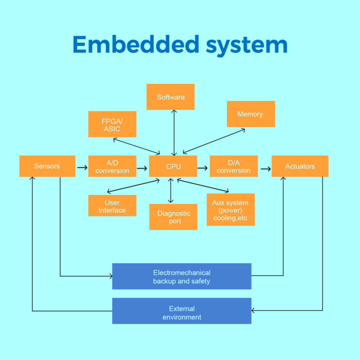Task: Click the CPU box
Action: [173, 166]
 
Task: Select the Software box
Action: [170, 97]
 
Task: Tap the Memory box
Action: [250, 114]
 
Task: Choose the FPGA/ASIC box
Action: [112, 124]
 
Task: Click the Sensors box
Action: [47, 166]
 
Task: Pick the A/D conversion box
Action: [112, 166]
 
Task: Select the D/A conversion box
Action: [233, 166]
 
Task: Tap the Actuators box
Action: [300, 166]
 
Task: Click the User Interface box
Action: [112, 206]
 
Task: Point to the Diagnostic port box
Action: [173, 217]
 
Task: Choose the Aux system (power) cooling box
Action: [230, 210]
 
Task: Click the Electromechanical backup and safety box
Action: [182, 276]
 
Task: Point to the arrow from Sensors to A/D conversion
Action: [82, 167]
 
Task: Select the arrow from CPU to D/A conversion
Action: [203, 167]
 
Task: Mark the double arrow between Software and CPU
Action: [174, 133]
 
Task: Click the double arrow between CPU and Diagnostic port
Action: [171, 190]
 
